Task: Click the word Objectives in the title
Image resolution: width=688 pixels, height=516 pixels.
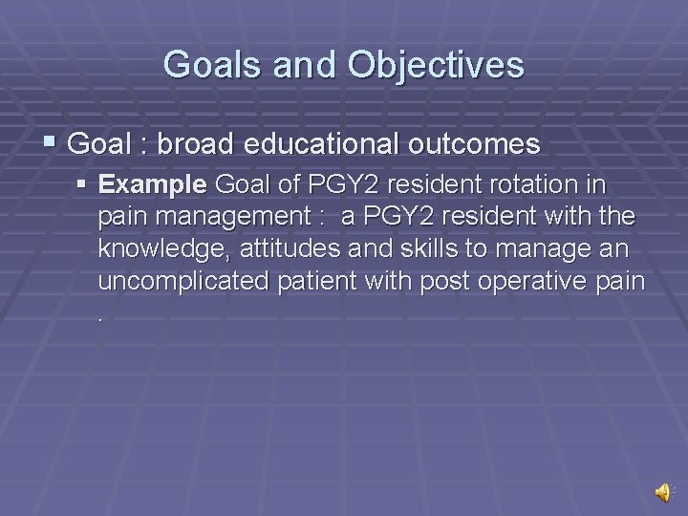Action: click(436, 65)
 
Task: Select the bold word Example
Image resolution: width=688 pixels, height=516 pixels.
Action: click(153, 183)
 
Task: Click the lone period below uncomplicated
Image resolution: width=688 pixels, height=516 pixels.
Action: click(101, 316)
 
